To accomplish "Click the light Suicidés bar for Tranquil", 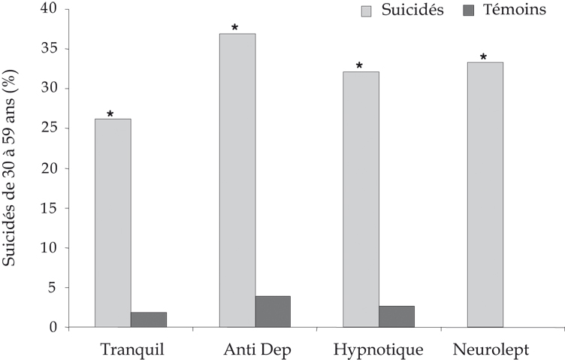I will click(113, 222).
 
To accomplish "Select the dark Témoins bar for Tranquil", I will click(149, 319).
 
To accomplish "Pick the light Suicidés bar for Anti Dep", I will click(237, 180).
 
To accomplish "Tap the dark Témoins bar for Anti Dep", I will click(273, 311).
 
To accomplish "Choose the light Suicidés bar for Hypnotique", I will click(361, 199).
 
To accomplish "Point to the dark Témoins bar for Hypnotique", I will click(397, 316).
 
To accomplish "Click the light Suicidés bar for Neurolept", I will click(485, 195).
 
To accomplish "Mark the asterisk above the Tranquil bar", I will click(110, 114).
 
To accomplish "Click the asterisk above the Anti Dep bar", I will click(234, 28).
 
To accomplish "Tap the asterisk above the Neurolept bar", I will click(483, 57).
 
